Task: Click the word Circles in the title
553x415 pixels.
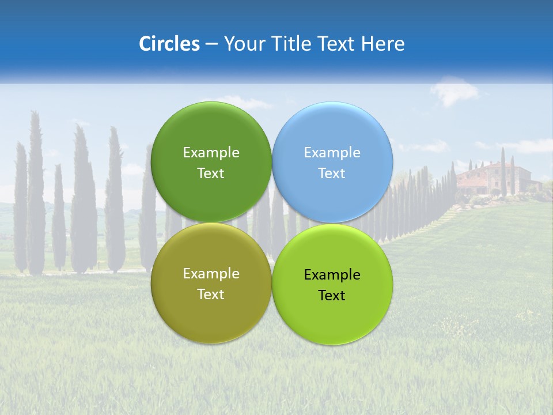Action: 169,44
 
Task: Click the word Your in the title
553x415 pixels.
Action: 242,44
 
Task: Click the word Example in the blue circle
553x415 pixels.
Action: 332,153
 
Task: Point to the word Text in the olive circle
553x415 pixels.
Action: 211,295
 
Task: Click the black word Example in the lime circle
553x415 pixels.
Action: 332,275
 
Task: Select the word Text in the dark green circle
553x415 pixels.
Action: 211,173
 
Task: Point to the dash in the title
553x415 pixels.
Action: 211,44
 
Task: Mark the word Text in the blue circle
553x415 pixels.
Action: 332,173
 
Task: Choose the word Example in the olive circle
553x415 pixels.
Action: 211,274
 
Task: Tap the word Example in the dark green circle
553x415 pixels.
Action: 211,153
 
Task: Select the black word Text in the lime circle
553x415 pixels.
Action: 332,296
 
